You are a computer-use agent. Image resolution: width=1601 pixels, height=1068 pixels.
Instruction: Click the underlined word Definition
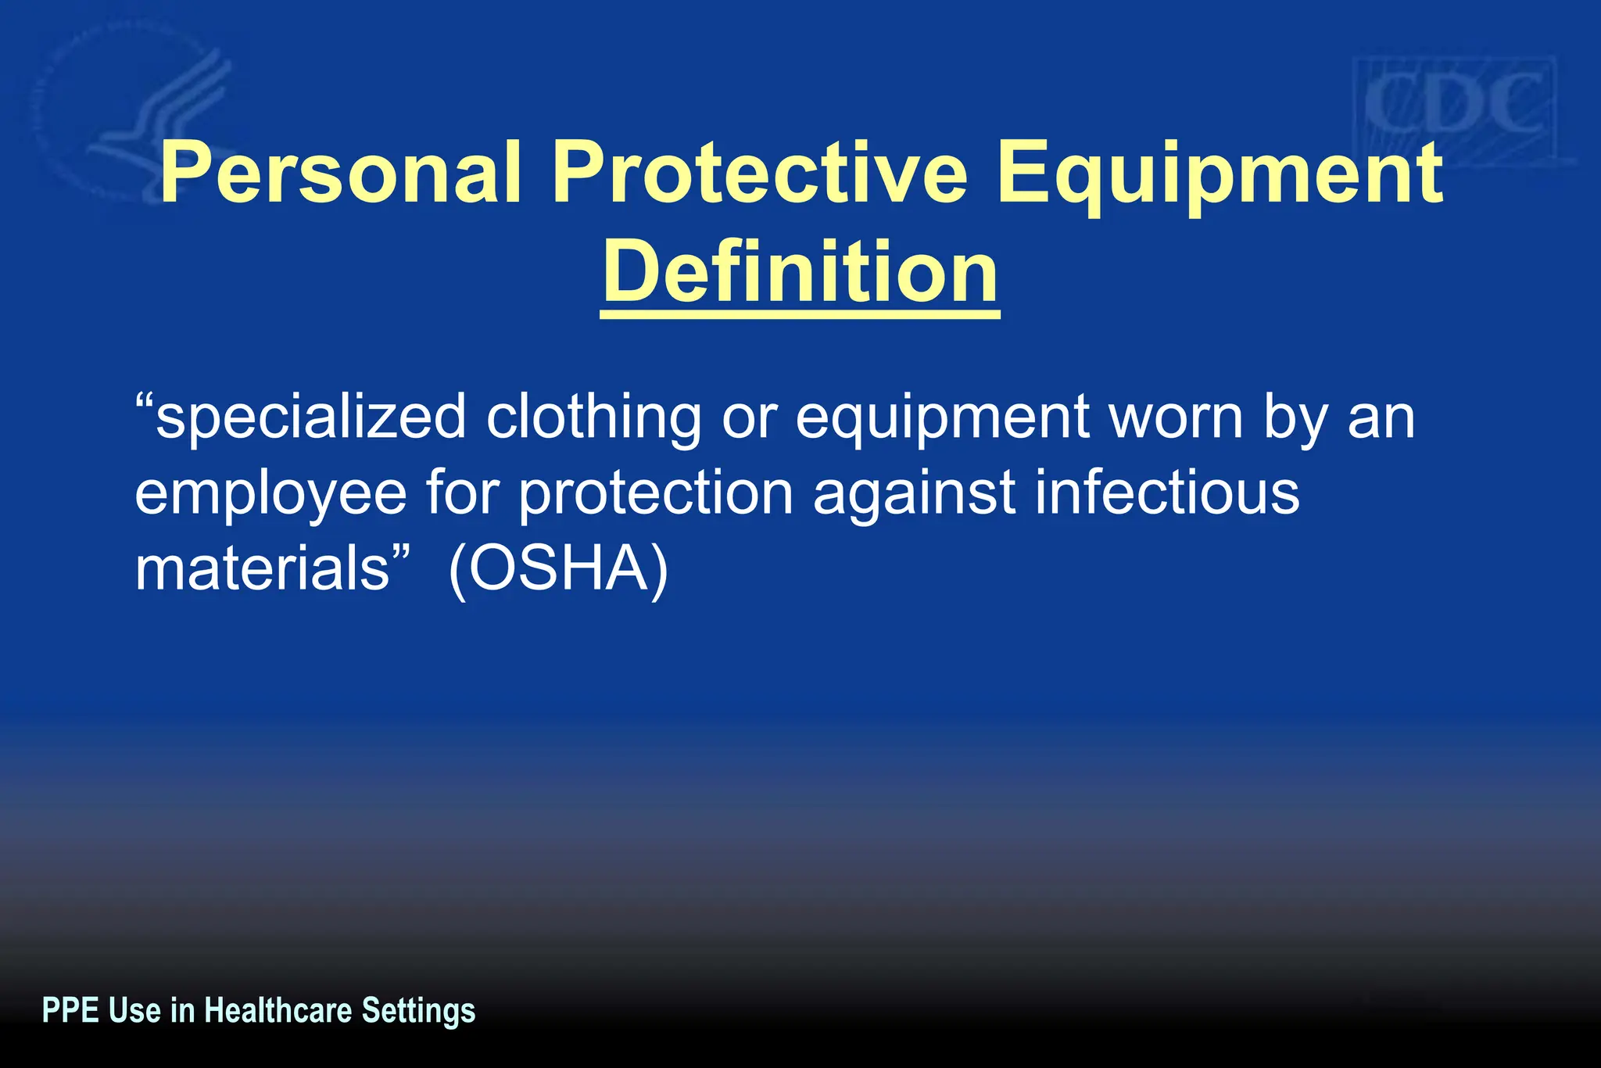[x=800, y=272]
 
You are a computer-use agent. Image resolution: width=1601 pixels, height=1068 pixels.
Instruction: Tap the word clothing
[x=594, y=418]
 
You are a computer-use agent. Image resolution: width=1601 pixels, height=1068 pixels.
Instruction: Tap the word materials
[x=262, y=568]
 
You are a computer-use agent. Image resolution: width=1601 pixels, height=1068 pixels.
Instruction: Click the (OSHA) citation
[x=558, y=570]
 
